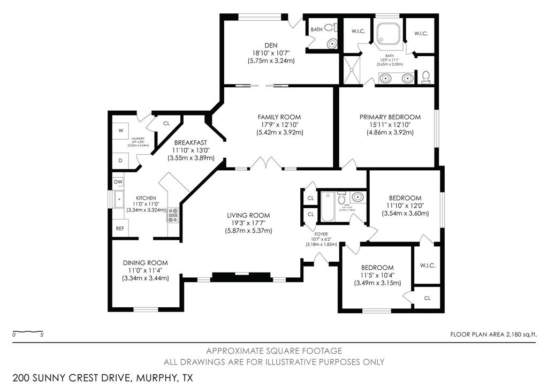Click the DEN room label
(271, 45)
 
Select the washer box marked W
(120, 130)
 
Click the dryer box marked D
(120, 160)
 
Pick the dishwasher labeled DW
(118, 182)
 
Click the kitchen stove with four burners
(173, 215)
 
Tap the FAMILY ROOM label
(279, 117)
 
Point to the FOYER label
(321, 233)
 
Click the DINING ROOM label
(145, 263)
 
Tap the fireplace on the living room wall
(240, 277)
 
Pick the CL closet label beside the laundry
(166, 124)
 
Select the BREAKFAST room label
(190, 142)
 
